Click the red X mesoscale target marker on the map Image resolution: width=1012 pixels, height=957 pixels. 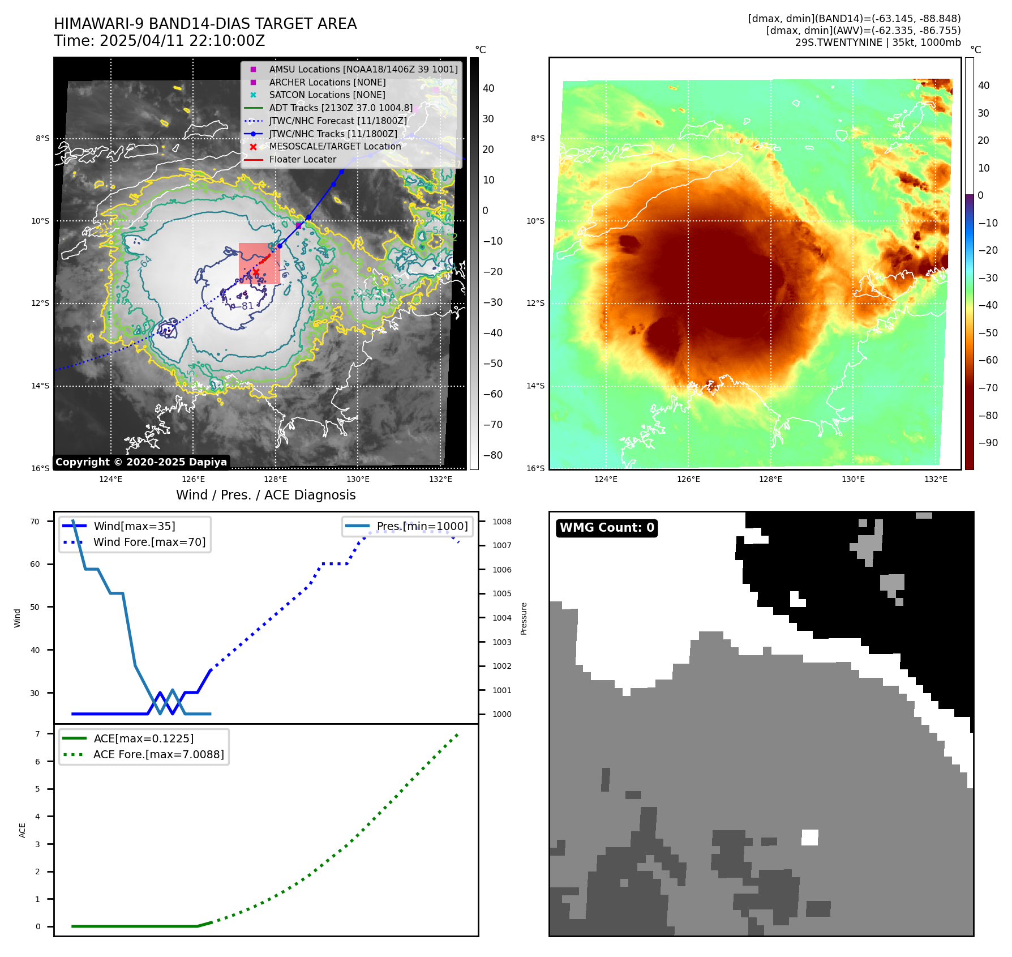(x=256, y=272)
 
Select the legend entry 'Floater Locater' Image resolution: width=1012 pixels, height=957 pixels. (x=302, y=160)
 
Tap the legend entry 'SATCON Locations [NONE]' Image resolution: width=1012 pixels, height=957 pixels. (x=327, y=95)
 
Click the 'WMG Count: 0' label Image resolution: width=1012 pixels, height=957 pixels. (x=607, y=528)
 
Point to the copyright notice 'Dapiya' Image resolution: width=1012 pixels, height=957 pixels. (x=141, y=462)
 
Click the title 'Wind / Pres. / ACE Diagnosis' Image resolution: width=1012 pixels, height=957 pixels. (x=265, y=495)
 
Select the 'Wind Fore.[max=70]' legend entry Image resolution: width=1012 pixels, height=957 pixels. (x=149, y=542)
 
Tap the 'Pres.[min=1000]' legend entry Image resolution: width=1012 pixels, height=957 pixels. (x=422, y=526)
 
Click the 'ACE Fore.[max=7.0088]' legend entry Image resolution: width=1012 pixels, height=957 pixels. (x=158, y=754)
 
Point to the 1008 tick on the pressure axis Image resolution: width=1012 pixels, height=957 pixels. (x=501, y=522)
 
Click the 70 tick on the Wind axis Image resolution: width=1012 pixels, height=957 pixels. (x=35, y=522)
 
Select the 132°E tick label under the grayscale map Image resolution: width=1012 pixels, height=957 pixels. (x=440, y=480)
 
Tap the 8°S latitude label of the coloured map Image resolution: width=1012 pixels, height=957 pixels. (x=538, y=139)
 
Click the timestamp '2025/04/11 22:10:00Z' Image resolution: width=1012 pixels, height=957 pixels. (x=182, y=41)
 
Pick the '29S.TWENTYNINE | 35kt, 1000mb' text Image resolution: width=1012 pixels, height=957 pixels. (x=877, y=42)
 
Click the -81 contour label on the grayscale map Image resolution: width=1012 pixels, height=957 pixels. (x=246, y=306)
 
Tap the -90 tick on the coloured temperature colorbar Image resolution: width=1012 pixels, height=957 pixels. (x=988, y=443)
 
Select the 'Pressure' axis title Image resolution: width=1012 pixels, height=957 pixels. (x=524, y=618)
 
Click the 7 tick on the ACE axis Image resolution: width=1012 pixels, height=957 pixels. (x=37, y=734)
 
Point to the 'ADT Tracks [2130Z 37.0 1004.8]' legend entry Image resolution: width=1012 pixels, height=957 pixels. (x=341, y=108)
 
